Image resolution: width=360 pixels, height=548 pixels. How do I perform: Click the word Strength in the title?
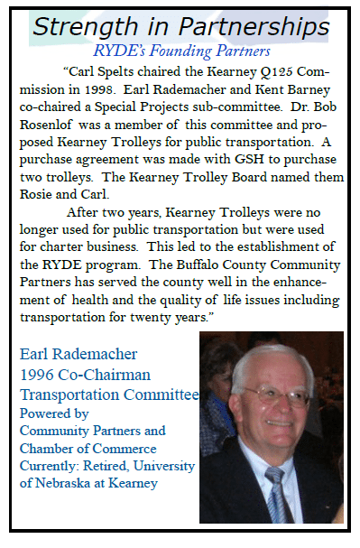(x=83, y=24)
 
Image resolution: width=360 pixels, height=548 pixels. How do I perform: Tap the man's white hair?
(x=271, y=357)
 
